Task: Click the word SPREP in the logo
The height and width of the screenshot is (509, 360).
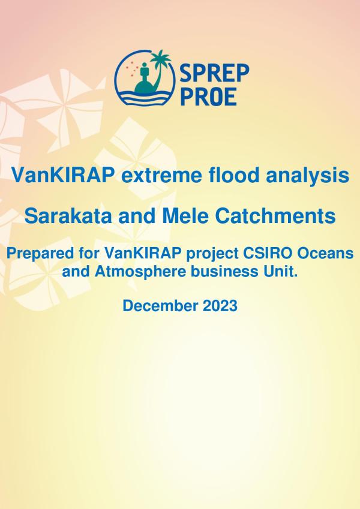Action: pyautogui.click(x=214, y=73)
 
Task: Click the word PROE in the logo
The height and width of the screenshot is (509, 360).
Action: pyautogui.click(x=208, y=97)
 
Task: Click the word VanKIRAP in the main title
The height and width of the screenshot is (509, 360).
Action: pyautogui.click(x=63, y=175)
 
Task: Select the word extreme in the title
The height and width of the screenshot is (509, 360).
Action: pyautogui.click(x=161, y=175)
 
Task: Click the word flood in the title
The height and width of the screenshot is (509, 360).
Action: pyautogui.click(x=234, y=174)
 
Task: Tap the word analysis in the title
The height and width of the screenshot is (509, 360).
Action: pyautogui.click(x=307, y=176)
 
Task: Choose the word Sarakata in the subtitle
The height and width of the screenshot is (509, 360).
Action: pyautogui.click(x=68, y=216)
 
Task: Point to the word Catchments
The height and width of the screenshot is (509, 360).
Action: pyautogui.click(x=275, y=216)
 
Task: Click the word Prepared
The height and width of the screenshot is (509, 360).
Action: pyautogui.click(x=41, y=254)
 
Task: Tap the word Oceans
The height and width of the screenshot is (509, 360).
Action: pyautogui.click(x=325, y=253)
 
